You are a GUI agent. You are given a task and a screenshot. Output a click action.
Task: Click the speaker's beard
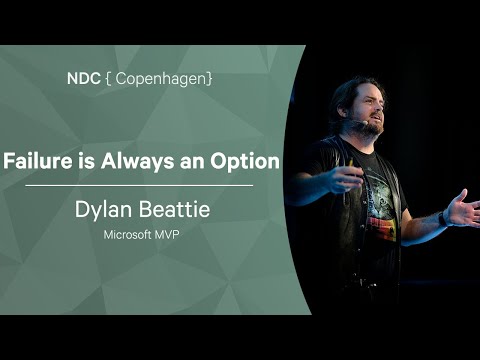(x=369, y=127)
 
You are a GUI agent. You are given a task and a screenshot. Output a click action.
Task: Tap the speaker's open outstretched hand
(x=463, y=209)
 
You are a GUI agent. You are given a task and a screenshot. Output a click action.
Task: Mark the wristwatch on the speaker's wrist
(x=442, y=217)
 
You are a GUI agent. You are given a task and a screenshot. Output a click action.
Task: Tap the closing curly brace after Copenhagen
(x=210, y=76)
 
